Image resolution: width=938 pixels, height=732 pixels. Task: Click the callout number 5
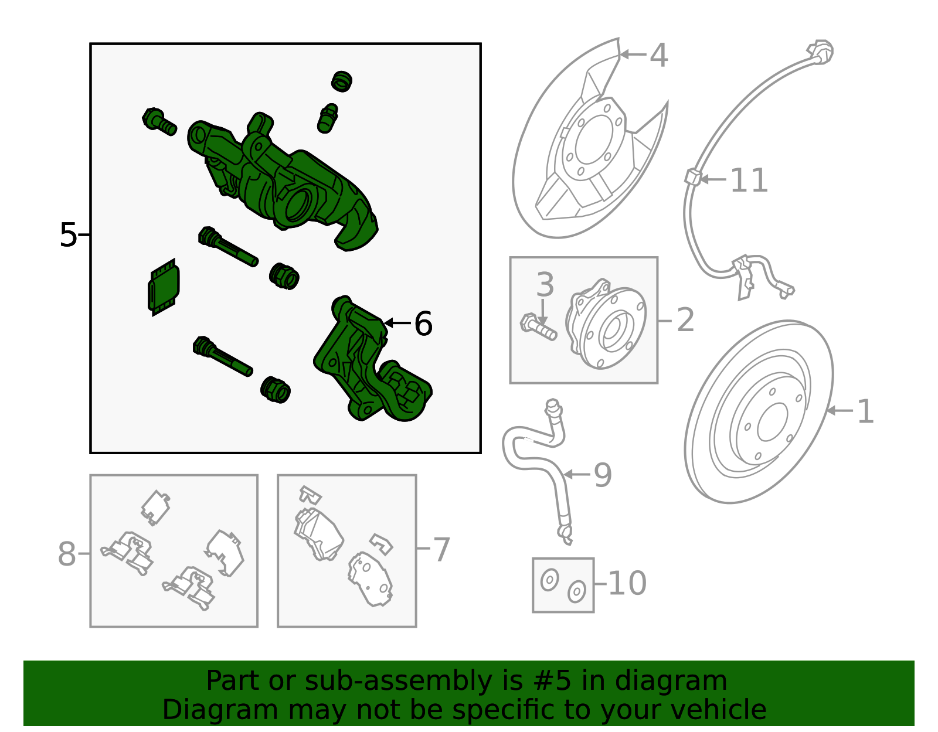tap(68, 235)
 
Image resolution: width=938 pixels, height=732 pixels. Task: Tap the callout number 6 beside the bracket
tap(423, 324)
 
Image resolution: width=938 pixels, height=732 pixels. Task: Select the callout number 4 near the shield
tap(658, 56)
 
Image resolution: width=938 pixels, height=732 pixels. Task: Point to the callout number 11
tap(749, 181)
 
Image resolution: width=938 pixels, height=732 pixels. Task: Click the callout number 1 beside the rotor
tap(865, 411)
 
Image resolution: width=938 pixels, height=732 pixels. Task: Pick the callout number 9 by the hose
tap(602, 475)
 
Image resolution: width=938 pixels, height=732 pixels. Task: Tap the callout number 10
tap(627, 584)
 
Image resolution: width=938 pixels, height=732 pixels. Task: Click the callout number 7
tap(441, 550)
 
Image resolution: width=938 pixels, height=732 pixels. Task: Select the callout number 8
tap(67, 554)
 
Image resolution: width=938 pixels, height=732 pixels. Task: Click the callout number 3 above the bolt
tap(545, 285)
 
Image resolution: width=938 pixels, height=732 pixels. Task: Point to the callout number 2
tap(685, 321)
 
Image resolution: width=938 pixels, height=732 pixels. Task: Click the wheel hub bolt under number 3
tap(538, 328)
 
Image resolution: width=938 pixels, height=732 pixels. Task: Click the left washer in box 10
tap(549, 580)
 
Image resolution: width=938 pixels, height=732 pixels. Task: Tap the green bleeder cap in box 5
tap(341, 81)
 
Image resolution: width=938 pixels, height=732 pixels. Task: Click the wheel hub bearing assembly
tap(607, 325)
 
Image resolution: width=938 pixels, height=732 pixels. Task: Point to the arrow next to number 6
tap(397, 323)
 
